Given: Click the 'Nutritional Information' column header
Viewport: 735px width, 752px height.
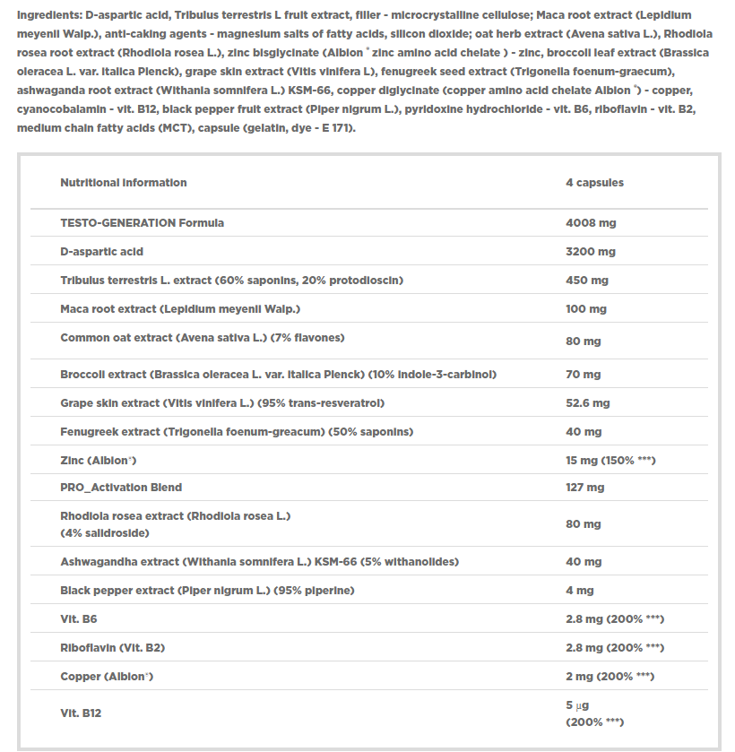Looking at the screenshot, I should [x=124, y=183].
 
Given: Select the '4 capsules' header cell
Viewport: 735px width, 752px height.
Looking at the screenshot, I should [x=594, y=183].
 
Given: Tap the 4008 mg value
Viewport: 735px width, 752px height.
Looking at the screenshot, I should [x=591, y=223].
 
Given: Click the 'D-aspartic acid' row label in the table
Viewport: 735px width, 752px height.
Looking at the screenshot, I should [x=101, y=252].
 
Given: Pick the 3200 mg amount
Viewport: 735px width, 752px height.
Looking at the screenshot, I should [x=591, y=252].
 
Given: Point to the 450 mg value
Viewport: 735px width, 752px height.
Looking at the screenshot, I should [x=587, y=281].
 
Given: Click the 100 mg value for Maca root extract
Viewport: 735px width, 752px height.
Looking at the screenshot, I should [x=586, y=309].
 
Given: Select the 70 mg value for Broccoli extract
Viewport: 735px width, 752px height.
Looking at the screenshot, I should [x=584, y=375].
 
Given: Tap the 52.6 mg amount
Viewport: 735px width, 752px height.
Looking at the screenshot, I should [x=588, y=403].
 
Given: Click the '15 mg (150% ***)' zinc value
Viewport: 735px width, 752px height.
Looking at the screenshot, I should [x=611, y=461].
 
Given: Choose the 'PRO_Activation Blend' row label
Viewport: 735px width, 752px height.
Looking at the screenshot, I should [x=121, y=488].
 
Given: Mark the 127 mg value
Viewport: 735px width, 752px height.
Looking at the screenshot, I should [x=585, y=488].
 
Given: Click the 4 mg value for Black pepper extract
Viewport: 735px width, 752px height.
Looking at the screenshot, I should [x=580, y=591].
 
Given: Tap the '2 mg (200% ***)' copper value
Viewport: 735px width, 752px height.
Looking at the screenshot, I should [x=610, y=677].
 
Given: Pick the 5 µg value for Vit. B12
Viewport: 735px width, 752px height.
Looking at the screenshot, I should [x=576, y=705].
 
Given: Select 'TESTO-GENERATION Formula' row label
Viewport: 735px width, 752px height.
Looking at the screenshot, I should [x=142, y=223].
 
